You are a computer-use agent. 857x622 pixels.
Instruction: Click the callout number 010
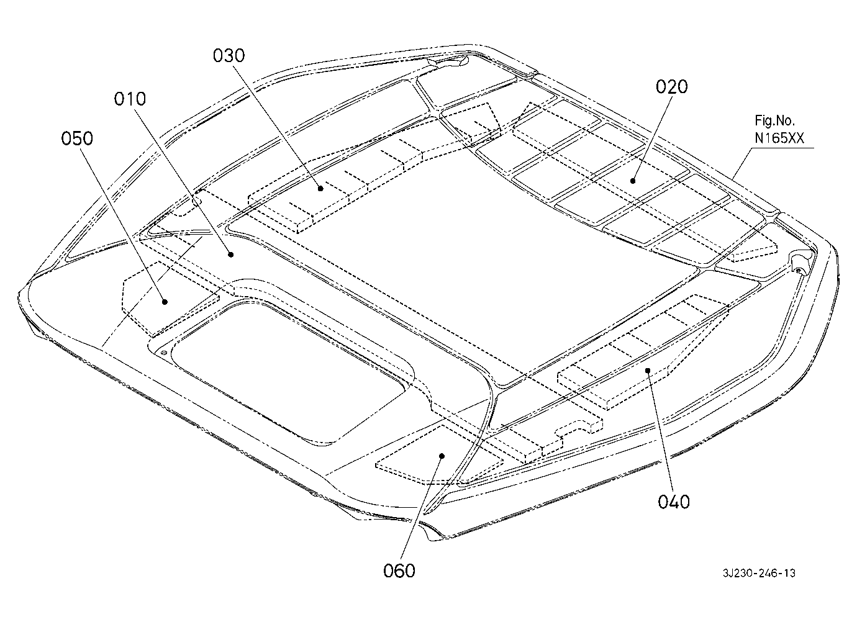(130, 99)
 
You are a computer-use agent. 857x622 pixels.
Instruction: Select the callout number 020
(671, 87)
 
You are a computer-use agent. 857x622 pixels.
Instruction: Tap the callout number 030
(229, 56)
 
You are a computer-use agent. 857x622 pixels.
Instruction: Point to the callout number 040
(674, 502)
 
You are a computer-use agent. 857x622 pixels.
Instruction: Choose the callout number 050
(77, 138)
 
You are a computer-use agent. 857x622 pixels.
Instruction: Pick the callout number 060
(399, 571)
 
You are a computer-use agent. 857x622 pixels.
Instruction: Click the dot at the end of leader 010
(230, 255)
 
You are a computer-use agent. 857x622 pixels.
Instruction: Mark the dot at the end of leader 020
(633, 181)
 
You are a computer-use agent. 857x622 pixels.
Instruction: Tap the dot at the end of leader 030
(320, 188)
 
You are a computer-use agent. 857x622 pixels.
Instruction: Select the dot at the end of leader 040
(648, 370)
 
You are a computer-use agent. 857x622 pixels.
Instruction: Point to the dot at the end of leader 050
(165, 302)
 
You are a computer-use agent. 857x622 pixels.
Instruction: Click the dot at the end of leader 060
(442, 456)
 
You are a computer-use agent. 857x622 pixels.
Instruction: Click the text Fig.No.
(774, 121)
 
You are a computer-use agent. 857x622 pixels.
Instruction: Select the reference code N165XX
(779, 138)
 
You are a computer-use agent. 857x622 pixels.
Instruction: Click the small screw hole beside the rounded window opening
(164, 353)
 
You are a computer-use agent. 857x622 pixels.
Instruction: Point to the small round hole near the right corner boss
(798, 271)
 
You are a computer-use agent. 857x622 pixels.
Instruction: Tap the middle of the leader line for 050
(123, 225)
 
